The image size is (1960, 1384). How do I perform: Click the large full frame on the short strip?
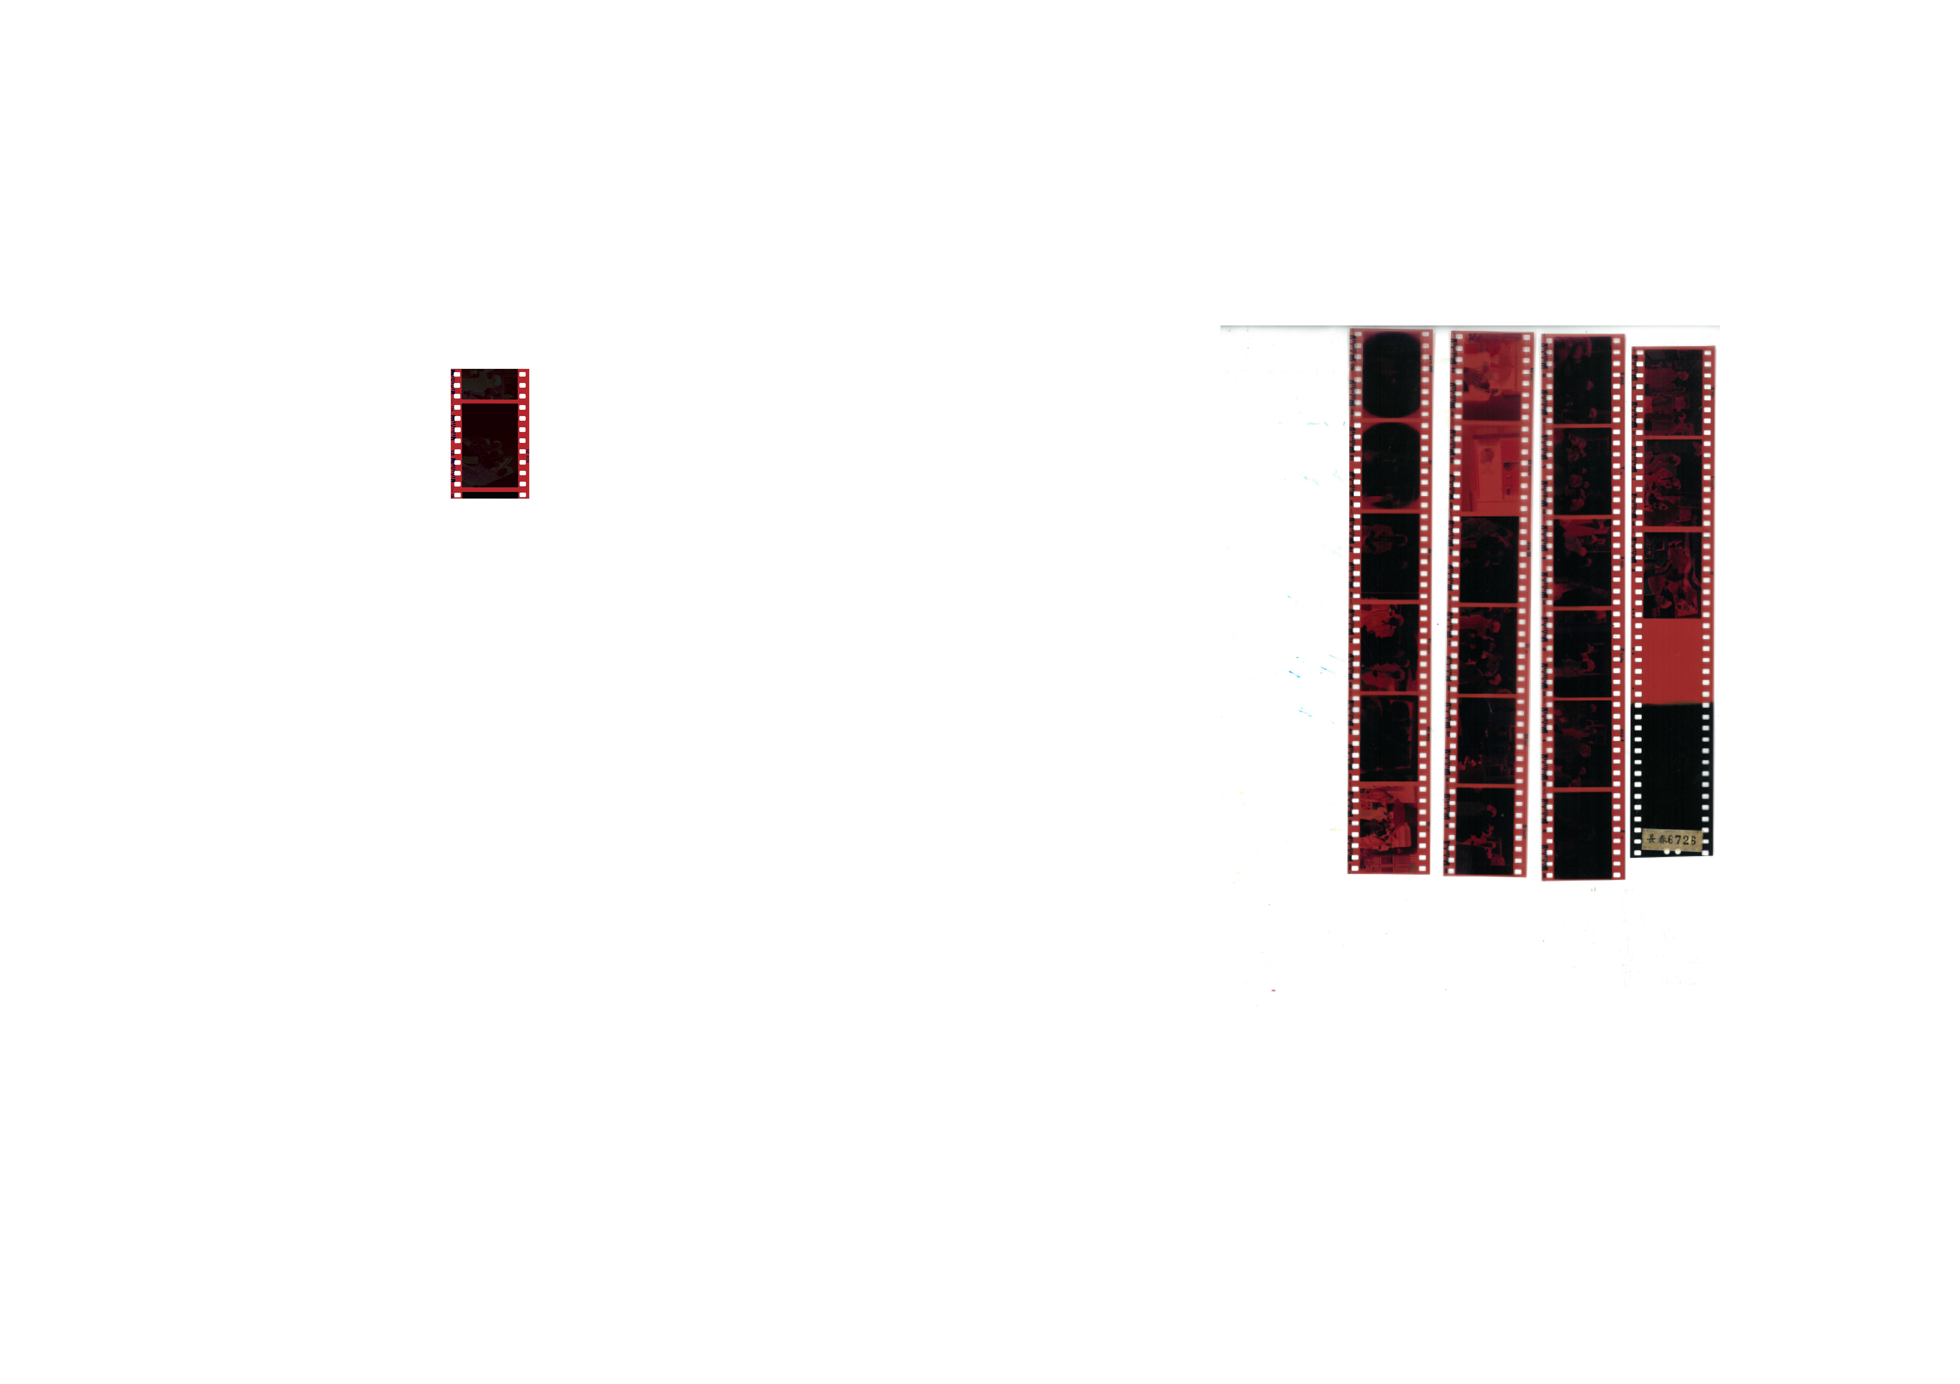coord(490,446)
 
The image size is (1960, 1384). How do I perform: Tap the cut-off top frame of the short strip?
coord(490,384)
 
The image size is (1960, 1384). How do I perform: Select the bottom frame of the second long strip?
coord(1485,830)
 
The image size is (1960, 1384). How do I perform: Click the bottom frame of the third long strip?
coord(1582,834)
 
